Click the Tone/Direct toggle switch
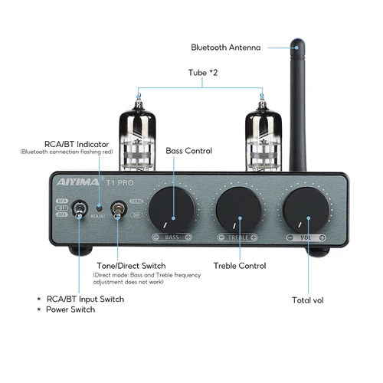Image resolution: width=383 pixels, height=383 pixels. pyautogui.click(x=119, y=209)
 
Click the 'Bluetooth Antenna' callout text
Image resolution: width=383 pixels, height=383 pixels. pyautogui.click(x=225, y=47)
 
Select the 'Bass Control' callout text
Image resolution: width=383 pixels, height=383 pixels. pyautogui.click(x=190, y=151)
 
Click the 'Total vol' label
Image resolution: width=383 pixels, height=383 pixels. pyautogui.click(x=308, y=300)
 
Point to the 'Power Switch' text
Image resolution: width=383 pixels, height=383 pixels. pyautogui.click(x=71, y=309)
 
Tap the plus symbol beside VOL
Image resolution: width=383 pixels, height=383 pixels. pyautogui.click(x=323, y=238)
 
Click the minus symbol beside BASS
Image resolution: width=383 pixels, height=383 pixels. pyautogui.click(x=155, y=238)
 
